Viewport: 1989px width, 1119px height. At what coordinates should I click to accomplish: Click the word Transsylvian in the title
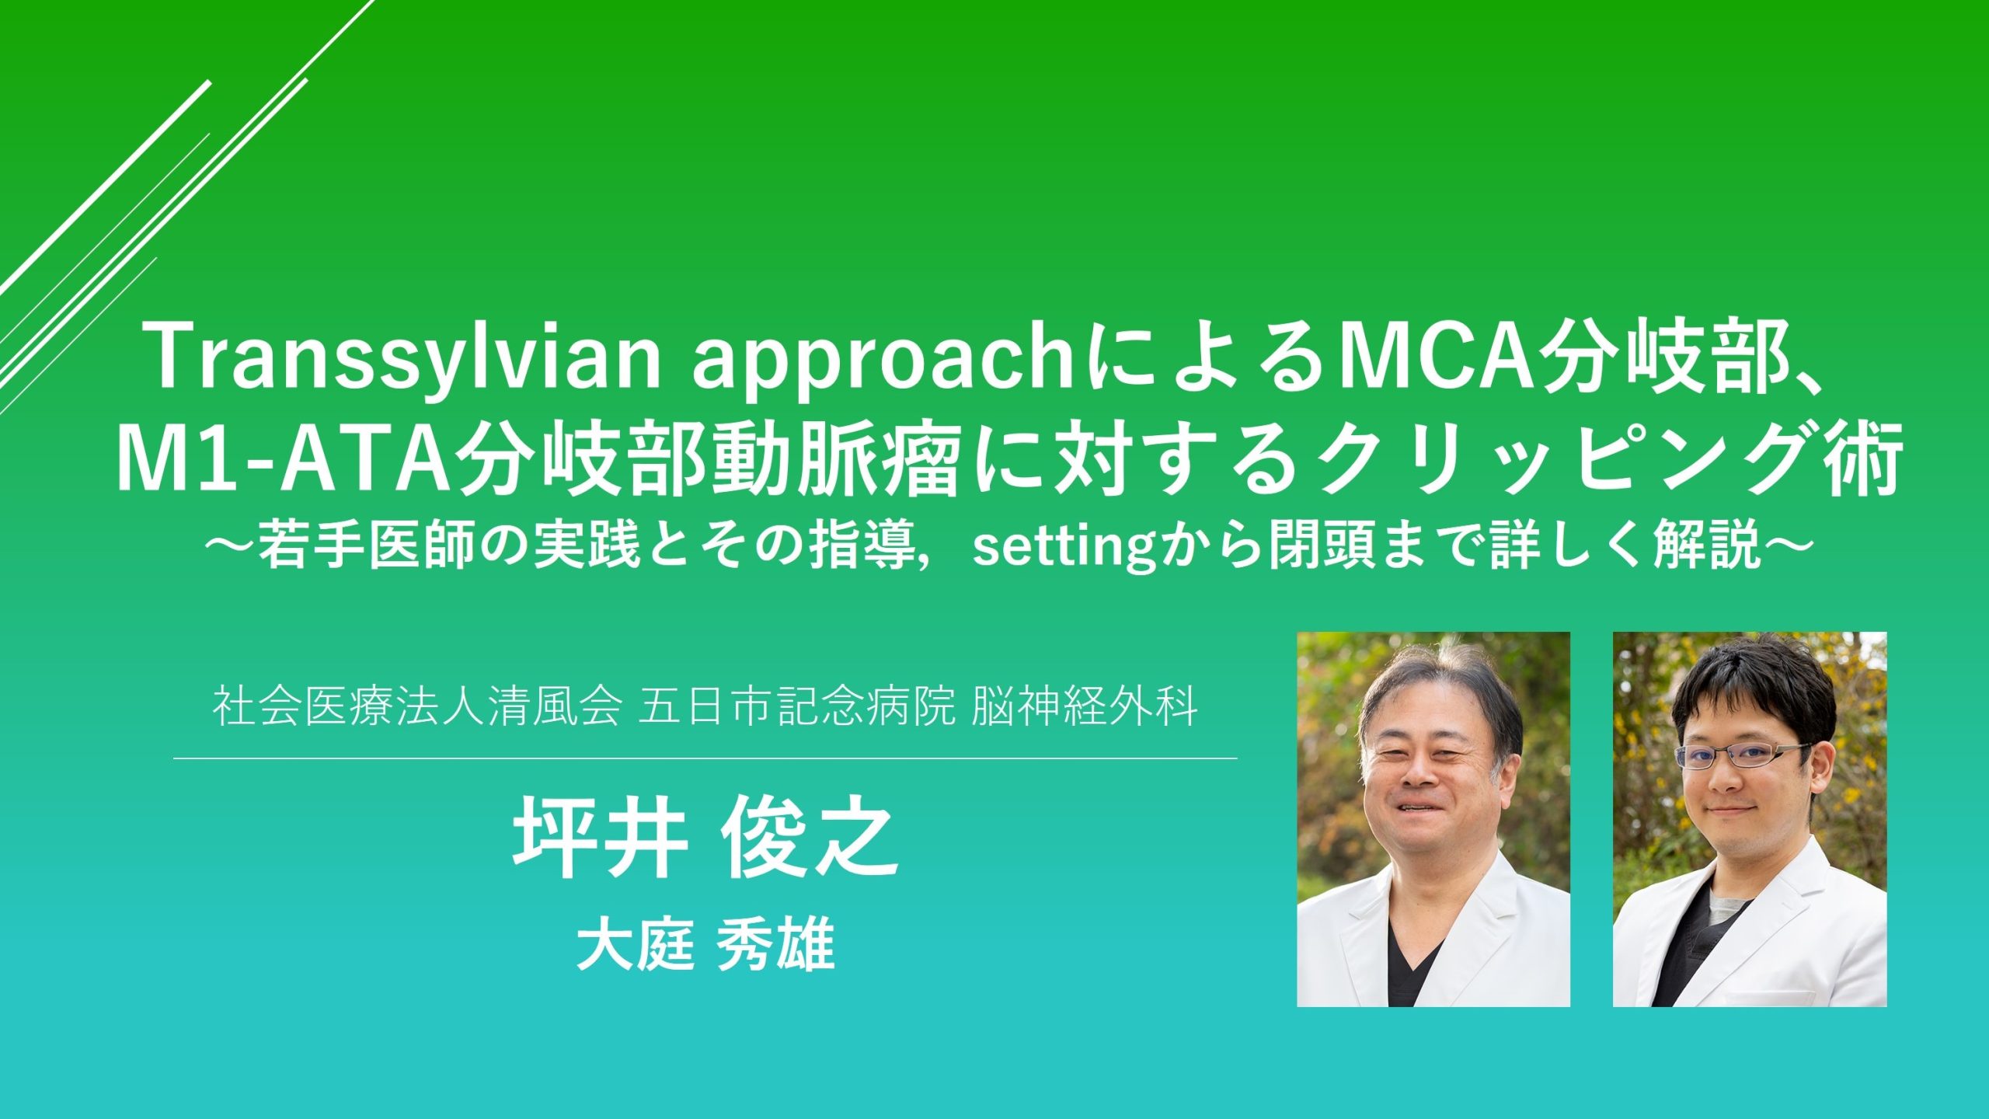[406, 358]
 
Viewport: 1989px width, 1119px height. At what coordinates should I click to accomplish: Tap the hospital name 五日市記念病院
[796, 708]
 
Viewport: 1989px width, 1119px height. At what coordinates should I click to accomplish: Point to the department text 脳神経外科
[1084, 708]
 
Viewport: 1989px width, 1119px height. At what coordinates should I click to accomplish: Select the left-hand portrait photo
[1433, 819]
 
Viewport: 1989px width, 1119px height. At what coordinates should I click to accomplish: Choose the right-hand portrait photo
[1750, 819]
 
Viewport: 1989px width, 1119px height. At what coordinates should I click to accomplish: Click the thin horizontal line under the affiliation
[705, 758]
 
